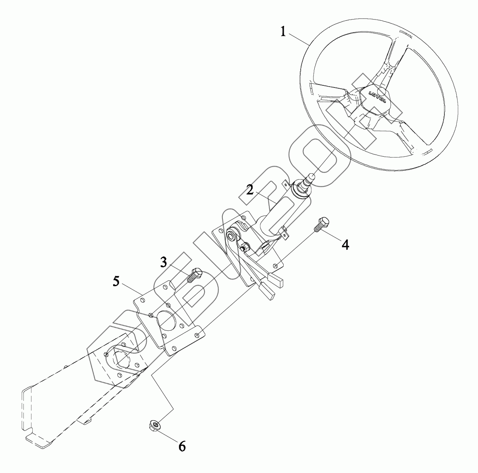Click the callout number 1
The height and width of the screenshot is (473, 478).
point(284,32)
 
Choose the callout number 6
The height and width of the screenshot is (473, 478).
point(182,446)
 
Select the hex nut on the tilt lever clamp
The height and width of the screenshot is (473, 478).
point(245,246)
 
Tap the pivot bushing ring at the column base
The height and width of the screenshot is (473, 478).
point(232,235)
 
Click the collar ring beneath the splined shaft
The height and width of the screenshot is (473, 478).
point(300,190)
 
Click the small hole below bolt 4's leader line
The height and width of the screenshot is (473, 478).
point(276,266)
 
